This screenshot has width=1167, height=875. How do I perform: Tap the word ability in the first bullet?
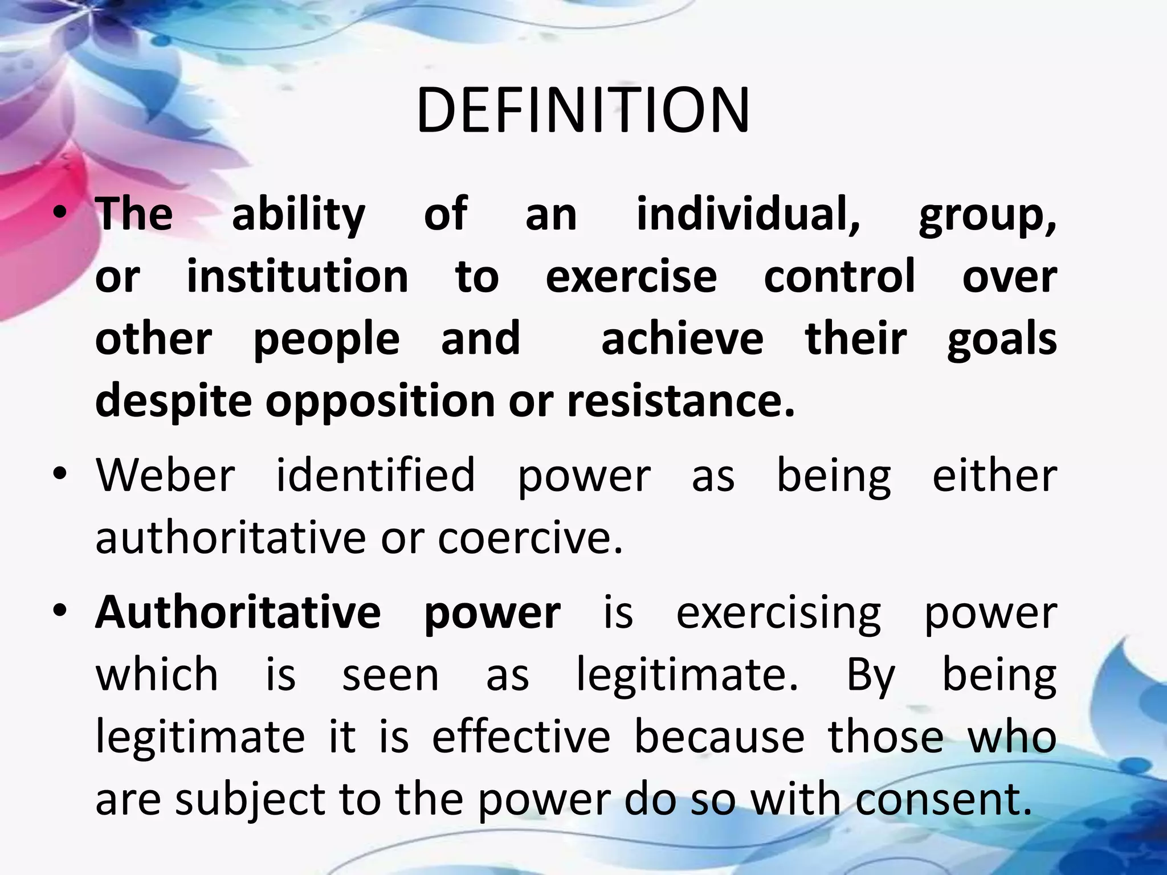[299, 215]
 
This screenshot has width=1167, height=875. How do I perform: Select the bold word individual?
[748, 214]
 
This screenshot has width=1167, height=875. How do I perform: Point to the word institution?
[297, 277]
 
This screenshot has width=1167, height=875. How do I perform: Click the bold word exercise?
[631, 277]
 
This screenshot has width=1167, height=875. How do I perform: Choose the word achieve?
[682, 339]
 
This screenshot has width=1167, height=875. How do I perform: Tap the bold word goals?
[1002, 340]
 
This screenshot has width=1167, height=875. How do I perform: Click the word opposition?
[381, 402]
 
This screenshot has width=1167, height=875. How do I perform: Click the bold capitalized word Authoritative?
[238, 612]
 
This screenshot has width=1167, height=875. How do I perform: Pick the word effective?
[521, 737]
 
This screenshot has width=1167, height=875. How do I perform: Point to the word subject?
[250, 800]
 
